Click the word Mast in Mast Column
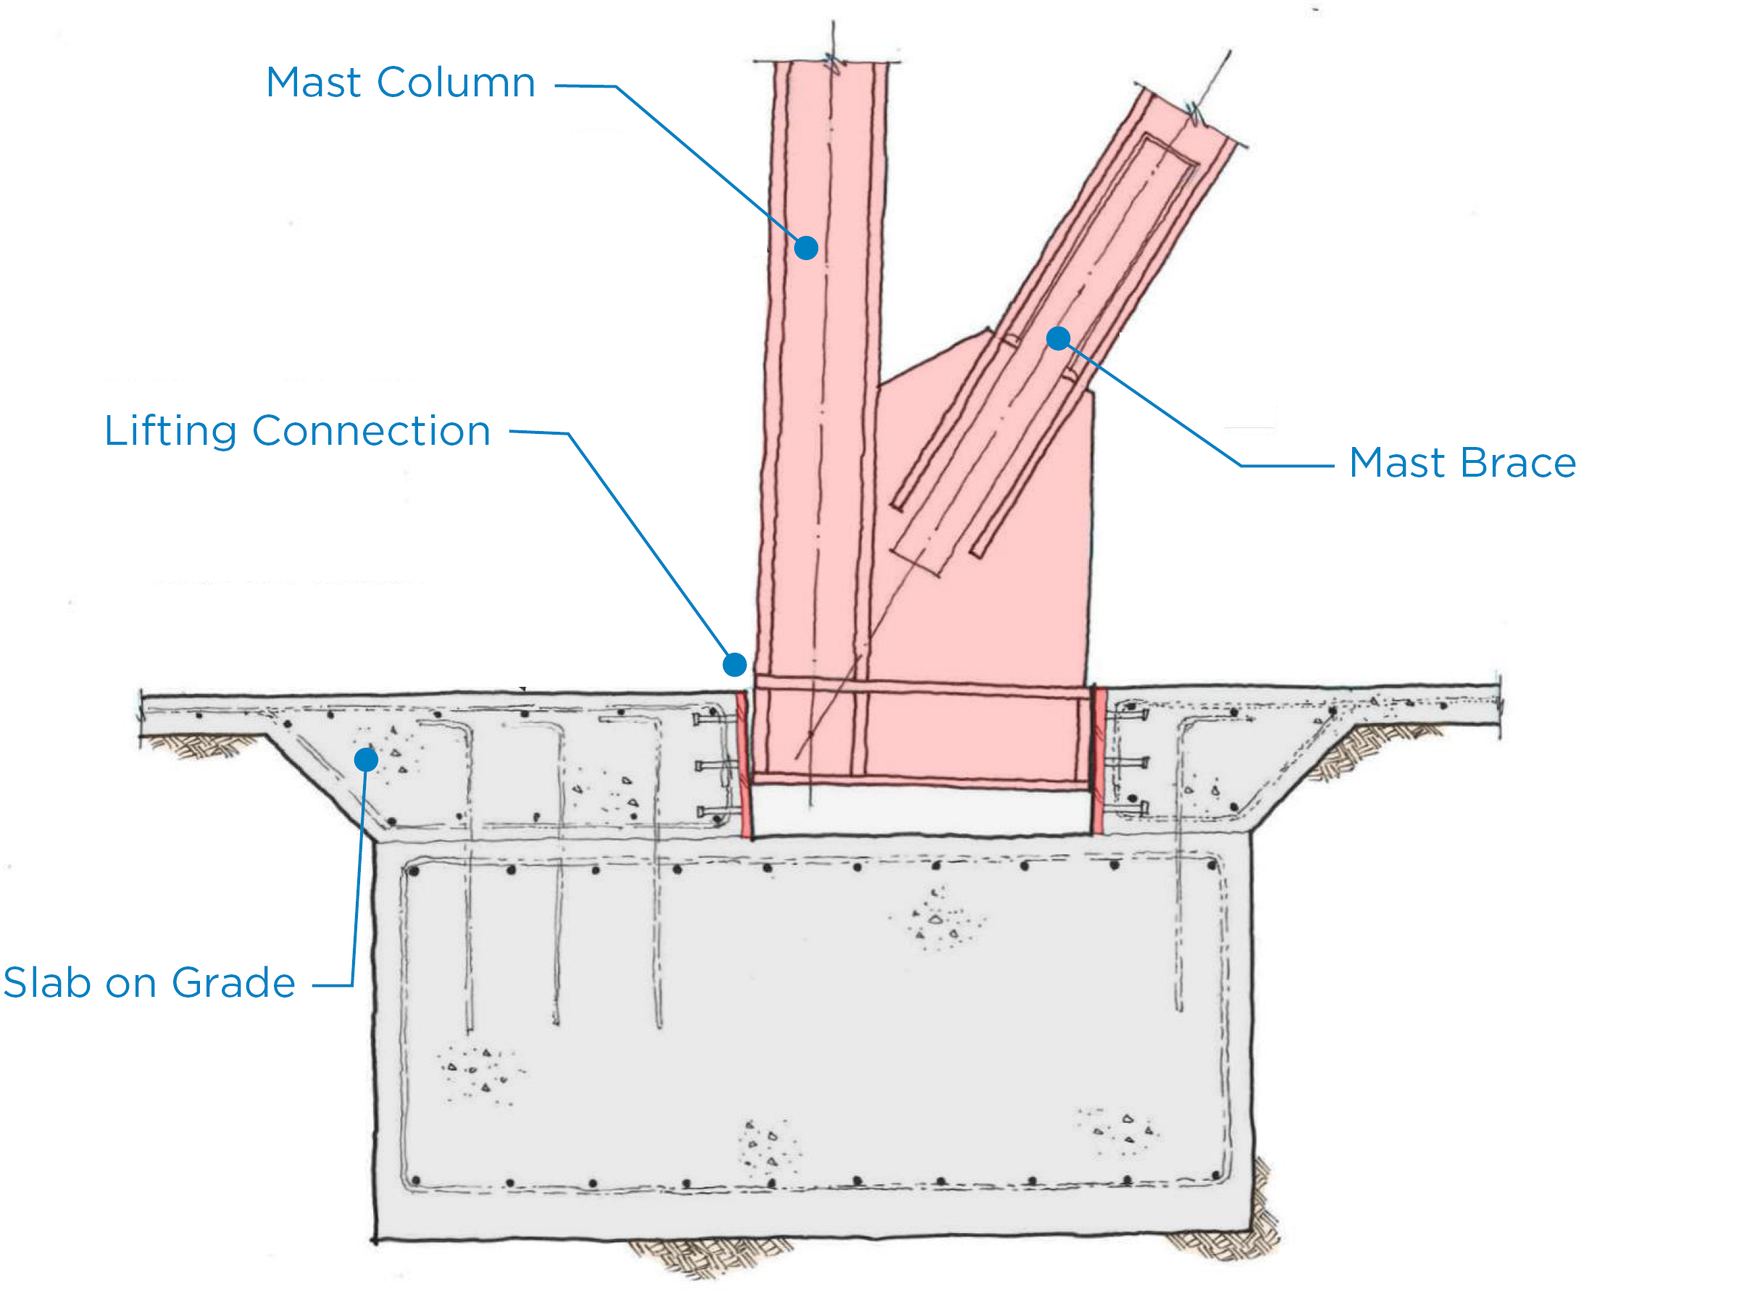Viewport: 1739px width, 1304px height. point(312,83)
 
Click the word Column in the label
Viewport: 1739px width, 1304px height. point(456,83)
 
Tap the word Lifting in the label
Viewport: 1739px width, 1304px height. point(170,432)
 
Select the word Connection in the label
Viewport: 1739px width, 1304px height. point(371,432)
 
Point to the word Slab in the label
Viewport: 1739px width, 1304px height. point(47,983)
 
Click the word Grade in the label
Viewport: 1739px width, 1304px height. point(233,983)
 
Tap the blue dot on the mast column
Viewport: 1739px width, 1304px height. point(806,248)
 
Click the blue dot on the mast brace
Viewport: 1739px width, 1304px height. point(1058,339)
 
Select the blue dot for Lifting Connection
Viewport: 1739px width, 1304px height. point(734,665)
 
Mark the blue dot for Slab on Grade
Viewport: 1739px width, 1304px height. point(367,759)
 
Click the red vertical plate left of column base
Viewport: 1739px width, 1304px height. point(743,762)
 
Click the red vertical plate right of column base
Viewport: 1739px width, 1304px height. point(1100,758)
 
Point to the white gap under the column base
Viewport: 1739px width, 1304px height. point(919,812)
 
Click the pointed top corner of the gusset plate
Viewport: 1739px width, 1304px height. point(988,330)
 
